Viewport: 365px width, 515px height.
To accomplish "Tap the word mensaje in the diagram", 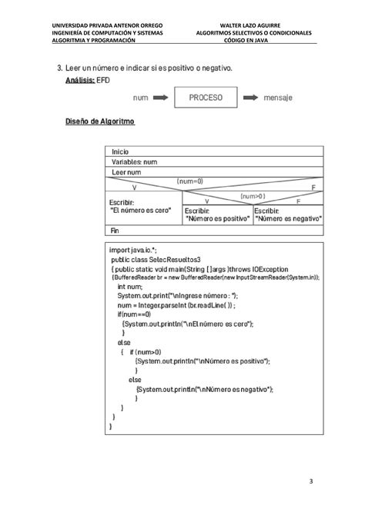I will pyautogui.click(x=279, y=98).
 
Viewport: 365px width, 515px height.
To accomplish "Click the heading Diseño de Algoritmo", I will pyautogui.click(x=99, y=122).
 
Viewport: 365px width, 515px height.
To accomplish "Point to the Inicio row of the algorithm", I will pyautogui.click(x=121, y=152).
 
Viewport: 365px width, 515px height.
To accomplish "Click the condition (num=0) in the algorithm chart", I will pyautogui.click(x=189, y=181).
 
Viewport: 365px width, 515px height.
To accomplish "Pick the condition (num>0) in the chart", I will pyautogui.click(x=252, y=196).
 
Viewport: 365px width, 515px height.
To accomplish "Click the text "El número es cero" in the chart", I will pyautogui.click(x=141, y=209).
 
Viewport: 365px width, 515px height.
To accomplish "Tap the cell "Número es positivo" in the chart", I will pyautogui.click(x=217, y=218).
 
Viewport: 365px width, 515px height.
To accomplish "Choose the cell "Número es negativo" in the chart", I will pyautogui.click(x=287, y=218).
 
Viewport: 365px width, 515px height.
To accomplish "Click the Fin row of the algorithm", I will pyautogui.click(x=116, y=230).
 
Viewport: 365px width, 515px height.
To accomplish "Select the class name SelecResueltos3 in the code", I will pyautogui.click(x=173, y=260).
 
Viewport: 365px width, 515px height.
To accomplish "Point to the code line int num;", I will pyautogui.click(x=131, y=287).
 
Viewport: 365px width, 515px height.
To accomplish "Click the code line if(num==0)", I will pyautogui.click(x=135, y=314).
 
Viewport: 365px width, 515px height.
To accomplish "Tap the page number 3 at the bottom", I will pyautogui.click(x=310, y=481).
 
